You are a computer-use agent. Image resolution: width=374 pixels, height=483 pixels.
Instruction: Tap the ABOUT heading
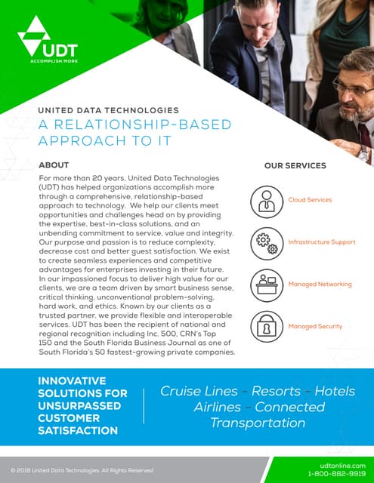tap(53, 165)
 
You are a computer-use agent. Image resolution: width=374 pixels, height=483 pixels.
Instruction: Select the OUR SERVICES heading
tap(295, 166)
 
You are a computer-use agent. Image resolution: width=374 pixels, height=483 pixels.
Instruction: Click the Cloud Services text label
tap(310, 200)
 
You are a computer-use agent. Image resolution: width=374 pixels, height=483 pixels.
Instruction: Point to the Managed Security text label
tap(315, 327)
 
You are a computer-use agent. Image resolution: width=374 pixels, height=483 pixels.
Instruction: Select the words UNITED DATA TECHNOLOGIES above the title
tap(108, 110)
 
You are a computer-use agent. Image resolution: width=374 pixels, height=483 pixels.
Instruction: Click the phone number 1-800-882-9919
tap(336, 474)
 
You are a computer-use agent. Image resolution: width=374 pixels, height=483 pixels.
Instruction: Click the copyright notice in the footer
tap(82, 470)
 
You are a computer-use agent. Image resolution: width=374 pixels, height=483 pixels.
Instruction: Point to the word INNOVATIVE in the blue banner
tap(72, 381)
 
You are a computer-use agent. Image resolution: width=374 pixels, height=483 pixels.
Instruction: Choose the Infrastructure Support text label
tap(322, 242)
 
